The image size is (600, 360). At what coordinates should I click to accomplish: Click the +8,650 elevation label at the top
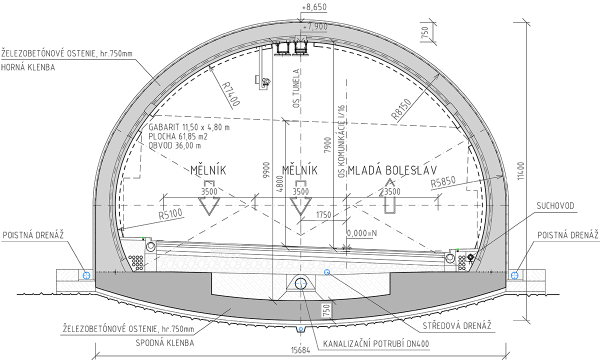tap(314, 7)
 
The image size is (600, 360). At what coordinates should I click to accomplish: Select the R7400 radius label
tap(231, 94)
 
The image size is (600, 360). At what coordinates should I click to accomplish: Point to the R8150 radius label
tap(401, 109)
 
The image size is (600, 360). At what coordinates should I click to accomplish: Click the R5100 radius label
tap(170, 214)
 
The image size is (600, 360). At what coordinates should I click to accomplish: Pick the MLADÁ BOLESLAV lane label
tap(392, 170)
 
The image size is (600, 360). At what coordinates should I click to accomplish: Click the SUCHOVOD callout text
tap(555, 205)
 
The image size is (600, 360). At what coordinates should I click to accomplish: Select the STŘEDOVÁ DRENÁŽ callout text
tap(457, 325)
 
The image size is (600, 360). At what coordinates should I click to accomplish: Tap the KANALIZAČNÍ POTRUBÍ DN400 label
tap(376, 343)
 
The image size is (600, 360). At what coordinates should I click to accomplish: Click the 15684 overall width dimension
tap(300, 350)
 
